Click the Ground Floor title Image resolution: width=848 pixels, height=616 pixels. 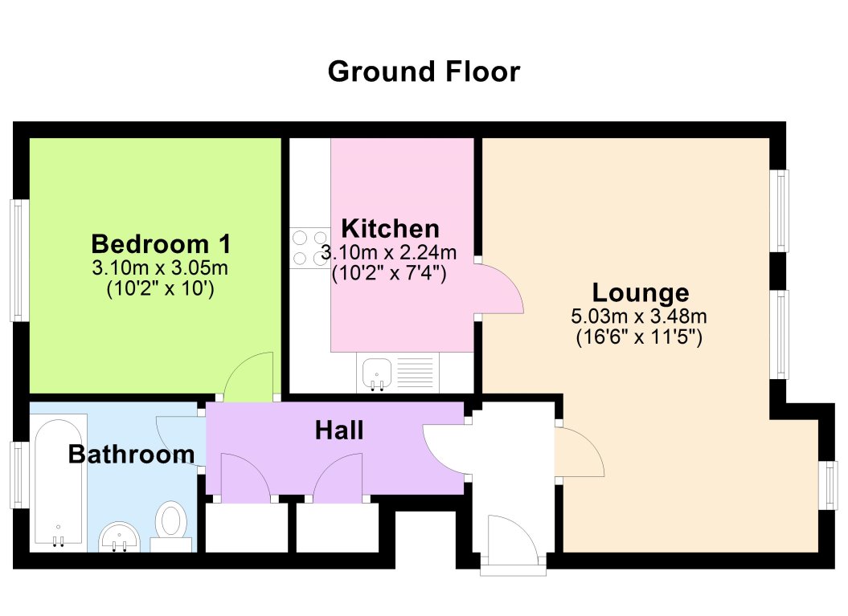424,72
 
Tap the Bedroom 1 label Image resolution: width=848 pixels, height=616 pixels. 161,243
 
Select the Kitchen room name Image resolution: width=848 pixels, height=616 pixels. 390,227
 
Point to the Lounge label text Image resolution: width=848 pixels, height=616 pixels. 640,292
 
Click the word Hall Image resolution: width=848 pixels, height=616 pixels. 338,431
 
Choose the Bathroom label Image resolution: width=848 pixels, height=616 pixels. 131,455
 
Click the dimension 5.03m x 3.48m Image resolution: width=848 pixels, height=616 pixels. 640,316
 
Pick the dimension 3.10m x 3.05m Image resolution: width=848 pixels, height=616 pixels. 161,267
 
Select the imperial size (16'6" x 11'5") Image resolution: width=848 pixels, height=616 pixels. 640,338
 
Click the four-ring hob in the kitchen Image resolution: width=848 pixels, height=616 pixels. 309,247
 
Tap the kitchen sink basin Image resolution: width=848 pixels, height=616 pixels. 375,373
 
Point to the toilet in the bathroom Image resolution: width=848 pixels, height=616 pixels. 170,524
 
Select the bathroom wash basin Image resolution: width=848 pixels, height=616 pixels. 121,536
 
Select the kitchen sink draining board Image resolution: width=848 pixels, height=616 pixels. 414,373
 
